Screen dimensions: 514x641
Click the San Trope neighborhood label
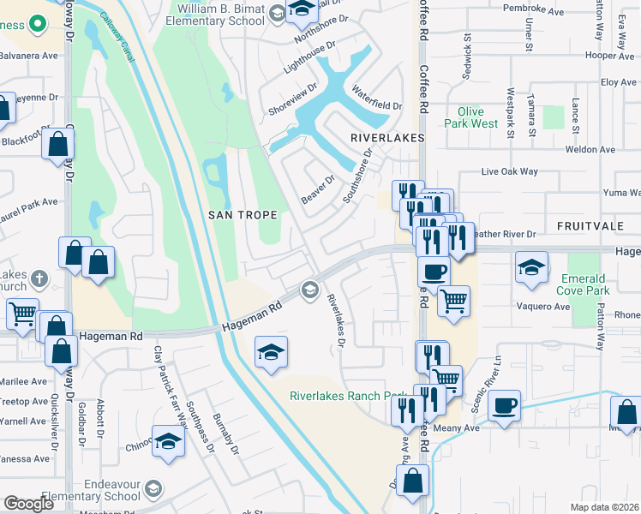click(x=243, y=215)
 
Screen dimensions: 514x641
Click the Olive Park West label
click(x=471, y=117)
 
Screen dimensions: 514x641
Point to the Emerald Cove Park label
click(x=584, y=284)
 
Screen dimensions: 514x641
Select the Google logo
click(x=28, y=504)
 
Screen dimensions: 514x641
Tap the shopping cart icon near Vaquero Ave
click(x=453, y=300)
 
